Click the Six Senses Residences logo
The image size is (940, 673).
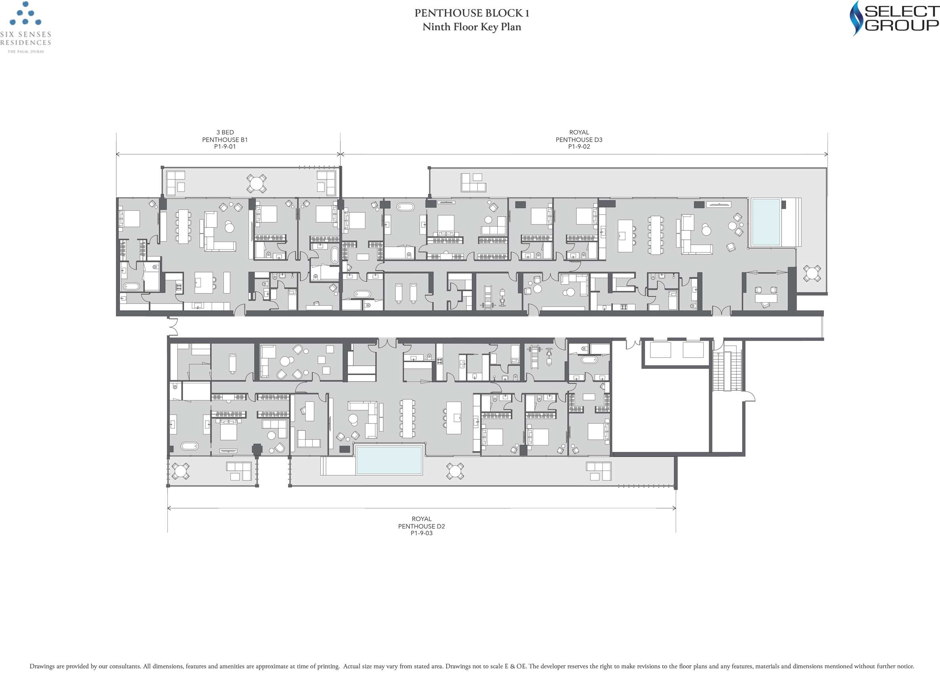pyautogui.click(x=26, y=27)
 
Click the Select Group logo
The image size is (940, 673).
pyautogui.click(x=894, y=18)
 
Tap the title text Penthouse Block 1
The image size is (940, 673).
pyautogui.click(x=472, y=13)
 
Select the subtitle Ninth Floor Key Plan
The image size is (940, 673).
pyautogui.click(x=472, y=27)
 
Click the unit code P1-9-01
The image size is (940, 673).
pyautogui.click(x=225, y=147)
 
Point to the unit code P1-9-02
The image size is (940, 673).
pyautogui.click(x=579, y=147)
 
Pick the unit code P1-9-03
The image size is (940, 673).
pyautogui.click(x=422, y=533)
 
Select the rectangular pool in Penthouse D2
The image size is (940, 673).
pyautogui.click(x=389, y=460)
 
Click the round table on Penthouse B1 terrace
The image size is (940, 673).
pyautogui.click(x=256, y=183)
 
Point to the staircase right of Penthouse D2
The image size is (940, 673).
pyautogui.click(x=722, y=372)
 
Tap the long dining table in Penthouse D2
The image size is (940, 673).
pyautogui.click(x=407, y=418)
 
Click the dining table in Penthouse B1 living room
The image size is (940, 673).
pyautogui.click(x=183, y=226)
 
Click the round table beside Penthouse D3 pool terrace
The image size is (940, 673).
pyautogui.click(x=812, y=273)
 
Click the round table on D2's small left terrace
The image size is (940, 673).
pyautogui.click(x=180, y=471)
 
